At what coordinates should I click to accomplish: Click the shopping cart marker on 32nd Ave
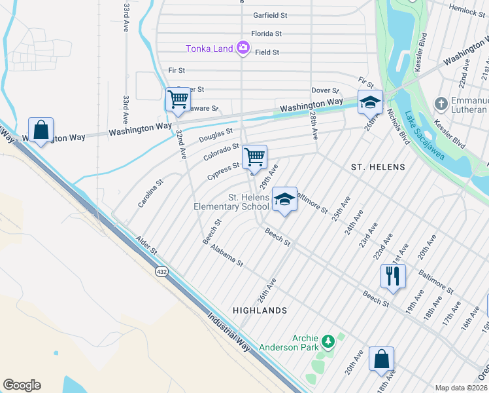coord(178,100)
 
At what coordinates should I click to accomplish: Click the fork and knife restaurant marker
coord(393,276)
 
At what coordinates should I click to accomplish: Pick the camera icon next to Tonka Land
coord(243,47)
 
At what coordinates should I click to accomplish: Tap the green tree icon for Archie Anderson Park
coord(328,341)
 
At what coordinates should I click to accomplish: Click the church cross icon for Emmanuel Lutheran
coord(441,104)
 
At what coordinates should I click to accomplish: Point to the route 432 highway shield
coord(161,270)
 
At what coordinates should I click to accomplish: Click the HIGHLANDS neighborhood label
coord(260,310)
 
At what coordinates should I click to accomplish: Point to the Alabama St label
coord(226,254)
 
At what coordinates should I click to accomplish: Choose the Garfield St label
coord(270,15)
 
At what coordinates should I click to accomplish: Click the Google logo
coord(22,385)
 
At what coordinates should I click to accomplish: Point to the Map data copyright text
coord(460,388)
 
